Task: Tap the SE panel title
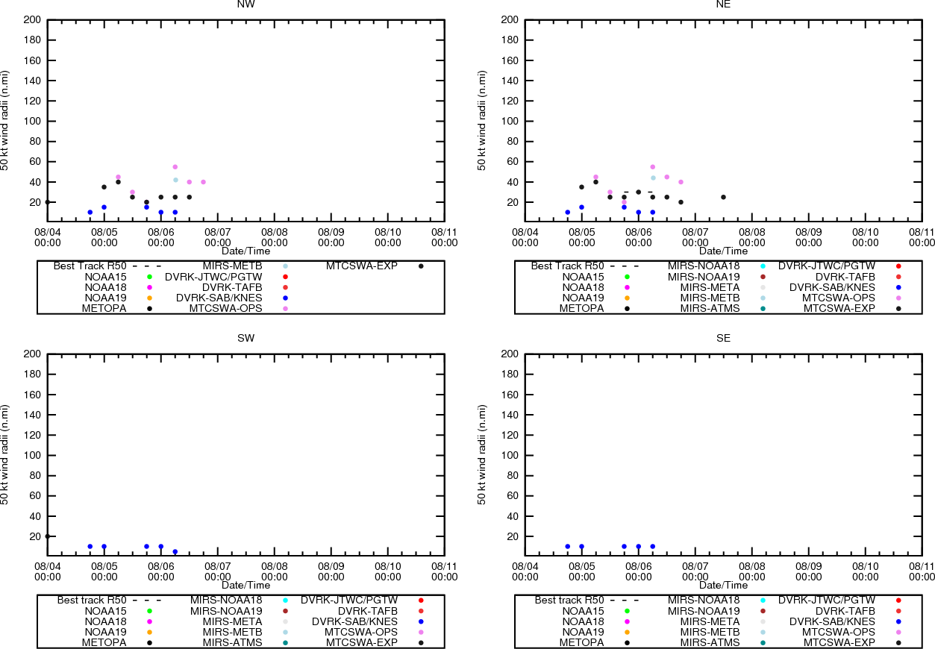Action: pos(723,339)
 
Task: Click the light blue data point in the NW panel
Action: pos(175,180)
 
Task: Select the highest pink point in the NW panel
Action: pos(175,167)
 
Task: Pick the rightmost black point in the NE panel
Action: pos(723,197)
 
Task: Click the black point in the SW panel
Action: pos(48,536)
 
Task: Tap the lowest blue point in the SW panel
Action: pos(175,552)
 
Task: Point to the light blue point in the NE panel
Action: pos(653,178)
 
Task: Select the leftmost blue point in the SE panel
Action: pos(568,547)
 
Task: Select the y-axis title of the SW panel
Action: pos(6,455)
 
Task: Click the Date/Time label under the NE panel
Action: pos(723,251)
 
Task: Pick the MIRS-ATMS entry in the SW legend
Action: pos(232,642)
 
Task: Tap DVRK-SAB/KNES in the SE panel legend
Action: pos(832,621)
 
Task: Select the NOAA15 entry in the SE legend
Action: pos(584,611)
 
